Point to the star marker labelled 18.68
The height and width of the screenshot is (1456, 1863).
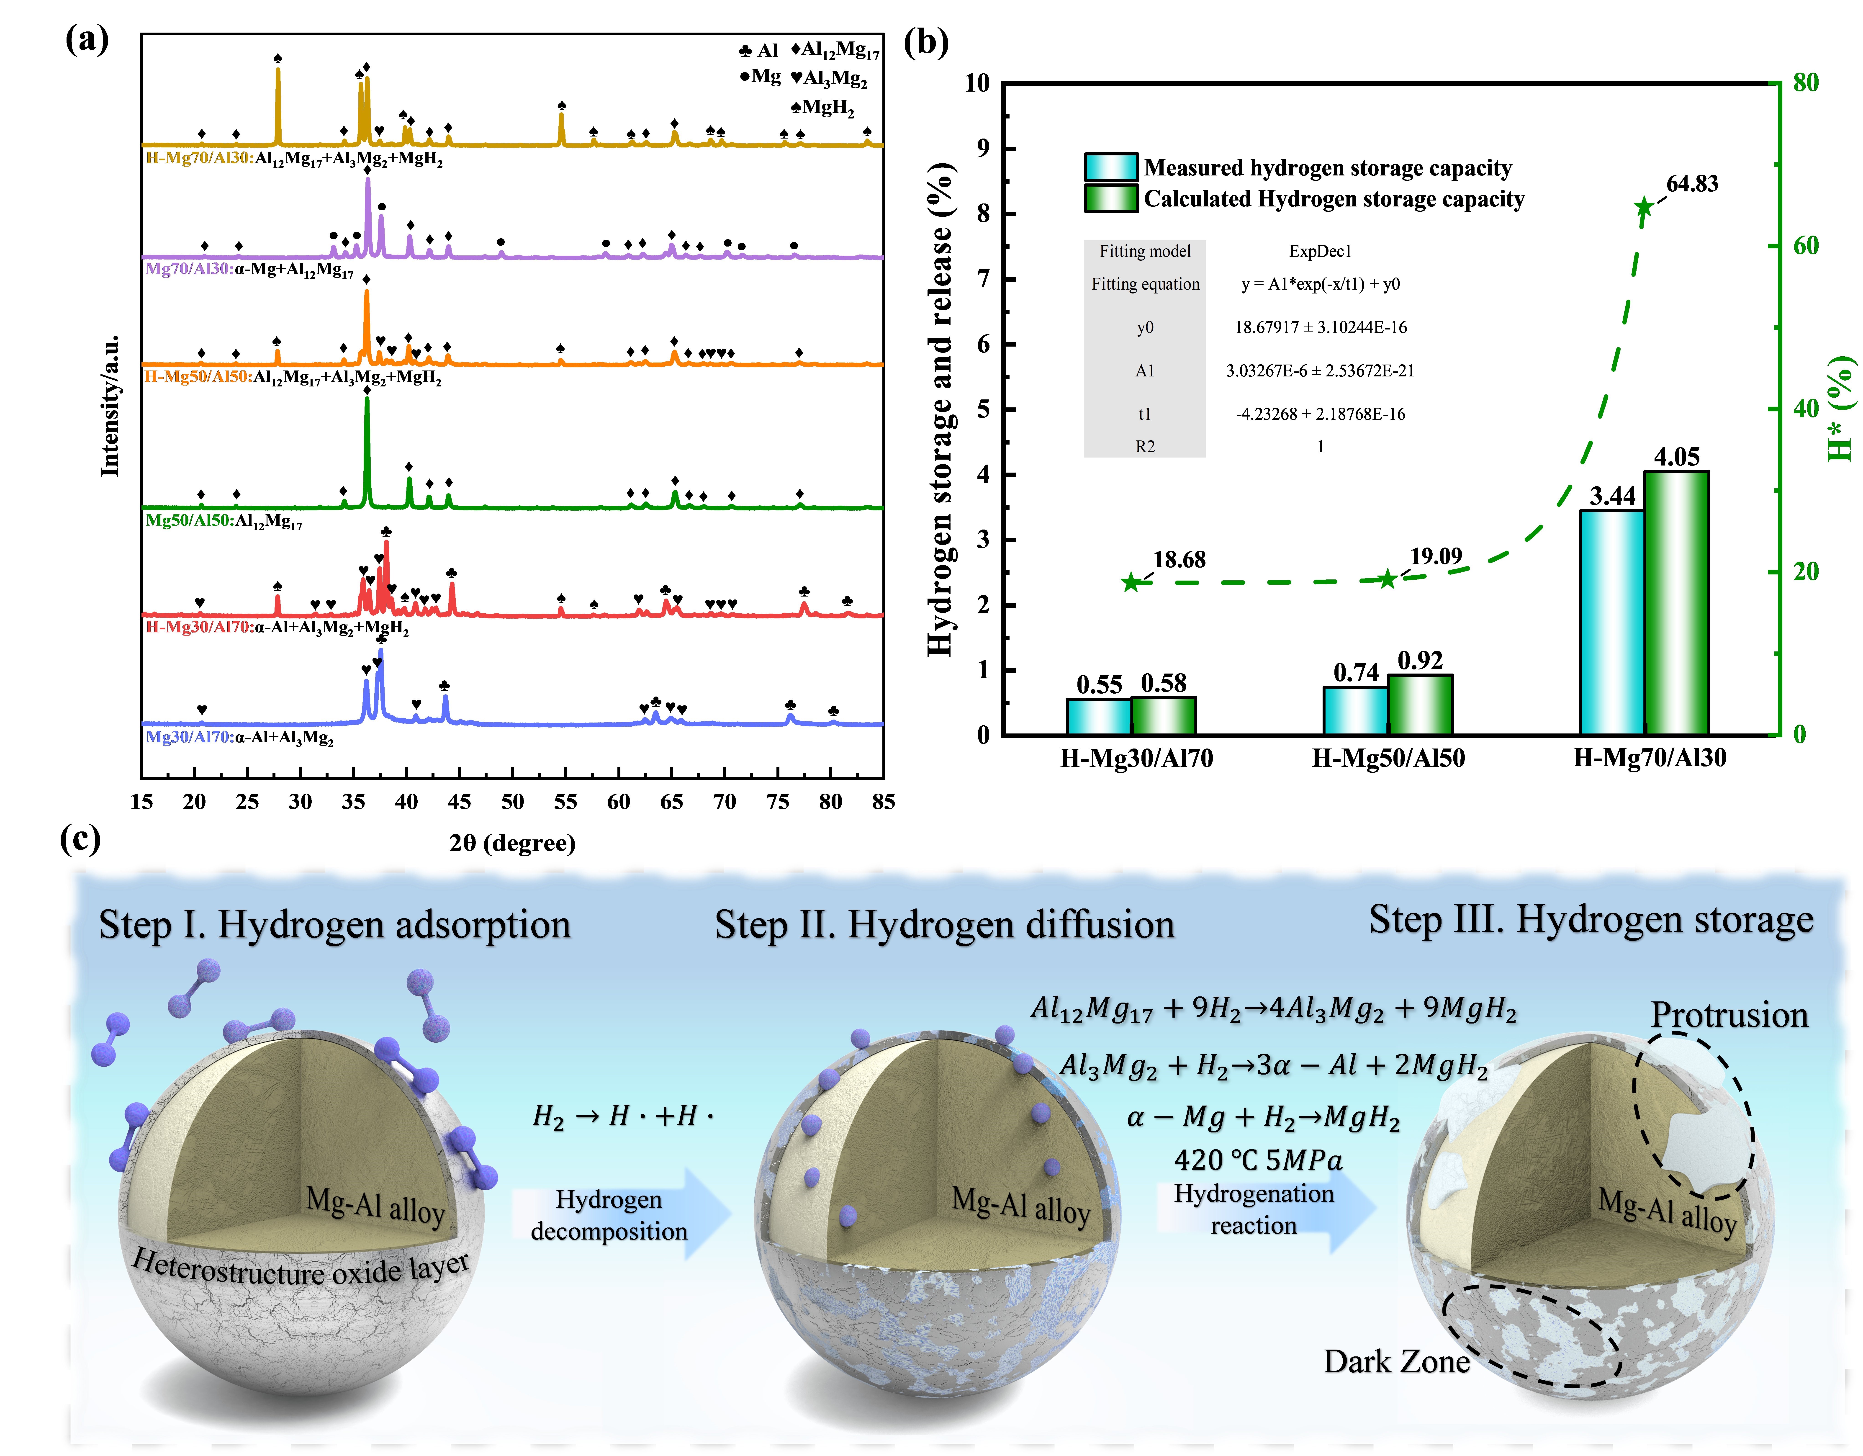(1131, 583)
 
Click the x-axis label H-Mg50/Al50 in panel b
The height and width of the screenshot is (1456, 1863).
(1388, 758)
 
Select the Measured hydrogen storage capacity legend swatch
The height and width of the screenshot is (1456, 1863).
(1111, 167)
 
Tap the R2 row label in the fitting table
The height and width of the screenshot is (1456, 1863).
(1145, 446)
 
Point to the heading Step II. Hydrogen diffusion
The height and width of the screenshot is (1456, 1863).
(944, 925)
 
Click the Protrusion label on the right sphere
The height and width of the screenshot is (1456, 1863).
(1729, 1015)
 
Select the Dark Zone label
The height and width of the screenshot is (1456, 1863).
(1396, 1361)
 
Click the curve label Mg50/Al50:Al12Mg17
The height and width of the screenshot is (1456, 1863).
(224, 521)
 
